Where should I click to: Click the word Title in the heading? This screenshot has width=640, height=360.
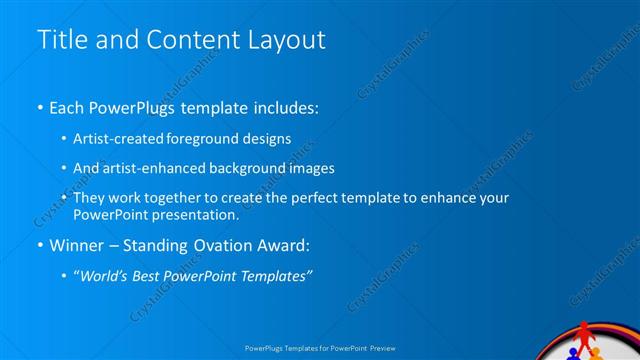pos(61,39)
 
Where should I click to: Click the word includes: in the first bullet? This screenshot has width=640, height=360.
pos(283,107)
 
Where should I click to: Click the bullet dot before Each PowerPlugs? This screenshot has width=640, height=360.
pos(39,107)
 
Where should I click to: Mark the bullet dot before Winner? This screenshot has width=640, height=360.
pos(39,245)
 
